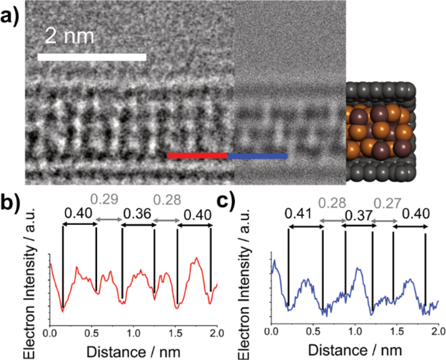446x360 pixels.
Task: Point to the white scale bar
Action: [92, 57]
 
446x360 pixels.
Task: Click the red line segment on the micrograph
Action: [197, 155]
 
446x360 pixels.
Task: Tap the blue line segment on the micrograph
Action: [257, 155]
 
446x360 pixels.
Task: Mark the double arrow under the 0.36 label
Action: [138, 225]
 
